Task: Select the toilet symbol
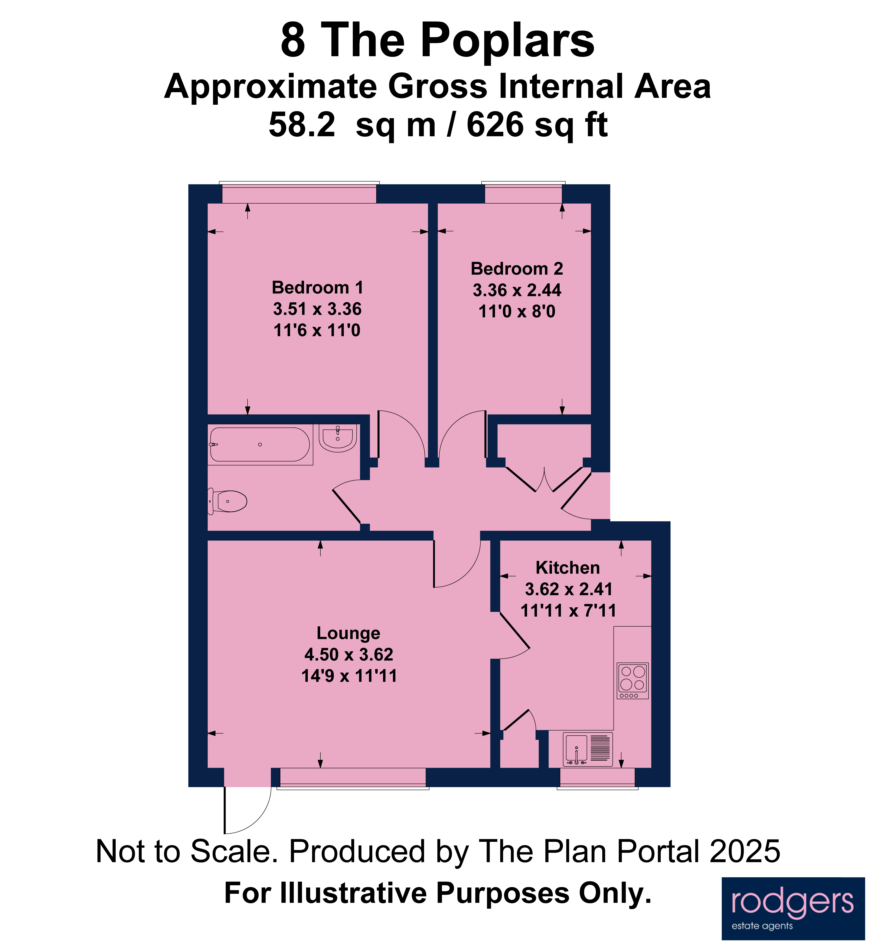click(x=228, y=501)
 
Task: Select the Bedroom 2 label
click(x=517, y=269)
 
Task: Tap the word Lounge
click(x=348, y=633)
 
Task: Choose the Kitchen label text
click(x=568, y=568)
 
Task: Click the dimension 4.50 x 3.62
click(x=349, y=655)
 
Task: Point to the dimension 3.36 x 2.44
click(x=517, y=290)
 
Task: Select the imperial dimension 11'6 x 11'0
click(x=317, y=330)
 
